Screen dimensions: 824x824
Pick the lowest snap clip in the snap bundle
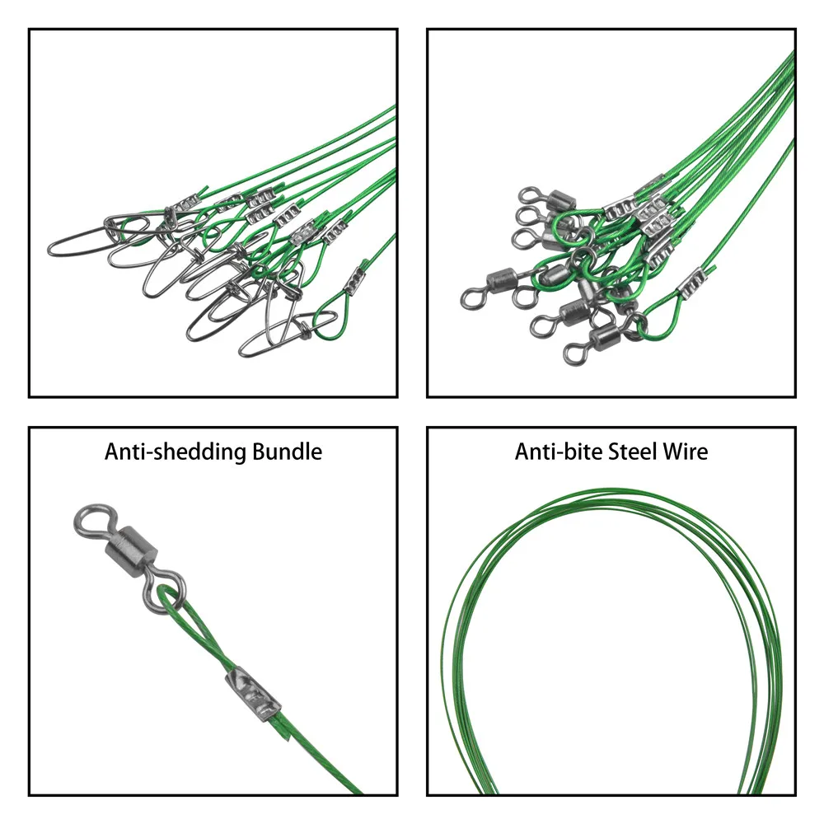(272, 339)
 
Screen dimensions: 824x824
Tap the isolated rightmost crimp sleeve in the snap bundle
(355, 280)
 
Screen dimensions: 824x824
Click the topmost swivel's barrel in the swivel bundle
(560, 201)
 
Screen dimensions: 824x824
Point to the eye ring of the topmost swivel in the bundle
(528, 196)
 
